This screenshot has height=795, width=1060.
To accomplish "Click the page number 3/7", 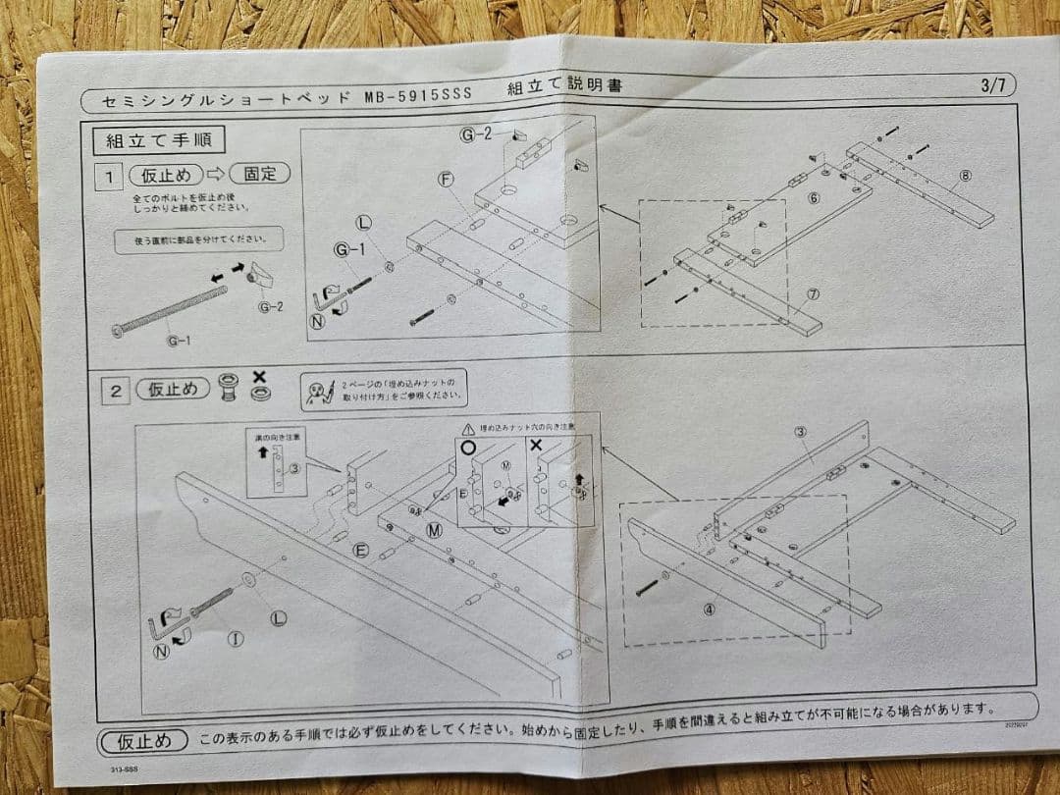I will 992,84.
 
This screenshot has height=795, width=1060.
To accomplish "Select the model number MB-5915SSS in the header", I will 418,95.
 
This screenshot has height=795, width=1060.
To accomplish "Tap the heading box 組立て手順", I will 159,139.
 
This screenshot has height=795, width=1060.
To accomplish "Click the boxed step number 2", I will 116,390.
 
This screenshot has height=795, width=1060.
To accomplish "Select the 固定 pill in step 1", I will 260,174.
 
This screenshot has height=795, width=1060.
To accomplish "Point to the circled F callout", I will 447,180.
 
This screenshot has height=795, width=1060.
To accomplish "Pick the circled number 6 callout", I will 813,198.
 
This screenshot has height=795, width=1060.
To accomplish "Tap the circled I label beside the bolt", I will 236,639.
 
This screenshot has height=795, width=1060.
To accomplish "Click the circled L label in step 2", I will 278,617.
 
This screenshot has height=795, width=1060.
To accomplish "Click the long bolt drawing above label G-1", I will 172,309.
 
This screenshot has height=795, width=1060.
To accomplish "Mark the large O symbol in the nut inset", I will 468,445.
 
